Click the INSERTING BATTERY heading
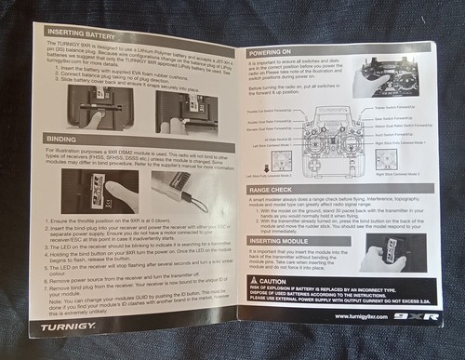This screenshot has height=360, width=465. (83, 33)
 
